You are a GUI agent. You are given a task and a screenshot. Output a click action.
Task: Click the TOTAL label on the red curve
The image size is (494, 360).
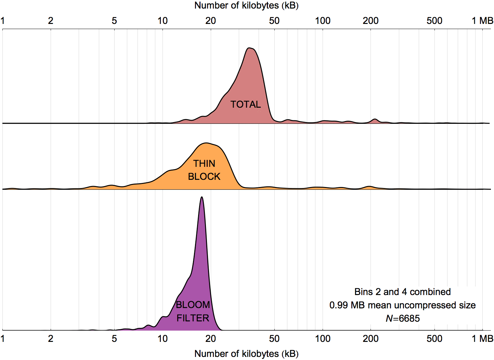[x=245, y=104]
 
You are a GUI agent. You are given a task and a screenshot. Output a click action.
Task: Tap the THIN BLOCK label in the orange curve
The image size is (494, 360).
[x=204, y=170]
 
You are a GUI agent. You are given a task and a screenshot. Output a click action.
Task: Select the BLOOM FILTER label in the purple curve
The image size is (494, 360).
[x=193, y=311]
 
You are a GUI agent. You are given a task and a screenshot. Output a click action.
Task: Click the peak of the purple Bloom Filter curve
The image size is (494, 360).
[x=202, y=197]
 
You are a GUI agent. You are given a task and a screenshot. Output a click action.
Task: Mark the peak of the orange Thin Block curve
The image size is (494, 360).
[x=206, y=143]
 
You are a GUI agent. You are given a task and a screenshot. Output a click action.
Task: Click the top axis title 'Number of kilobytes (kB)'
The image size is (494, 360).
[x=246, y=5]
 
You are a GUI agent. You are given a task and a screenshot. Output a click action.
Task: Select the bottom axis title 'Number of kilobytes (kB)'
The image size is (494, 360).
[x=246, y=354]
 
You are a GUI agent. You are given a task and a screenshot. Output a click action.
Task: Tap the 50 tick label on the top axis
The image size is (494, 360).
[x=274, y=21]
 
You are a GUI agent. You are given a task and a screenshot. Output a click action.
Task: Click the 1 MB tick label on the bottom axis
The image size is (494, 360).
[x=482, y=339]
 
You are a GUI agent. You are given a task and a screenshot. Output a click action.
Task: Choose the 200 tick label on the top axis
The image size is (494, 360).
[x=370, y=21]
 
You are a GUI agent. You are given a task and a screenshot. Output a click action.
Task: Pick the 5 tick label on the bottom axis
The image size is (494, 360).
[x=114, y=339]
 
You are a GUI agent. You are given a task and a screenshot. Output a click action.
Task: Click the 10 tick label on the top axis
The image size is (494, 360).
[x=162, y=21]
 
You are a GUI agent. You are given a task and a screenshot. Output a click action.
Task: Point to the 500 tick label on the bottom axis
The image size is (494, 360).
[x=434, y=339]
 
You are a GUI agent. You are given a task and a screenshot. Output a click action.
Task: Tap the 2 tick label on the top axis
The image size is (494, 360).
[x=51, y=21]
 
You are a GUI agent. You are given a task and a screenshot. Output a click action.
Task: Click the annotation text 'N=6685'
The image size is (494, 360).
[x=403, y=319]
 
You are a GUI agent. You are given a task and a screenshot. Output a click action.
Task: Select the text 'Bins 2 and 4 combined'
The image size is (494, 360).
[x=403, y=292]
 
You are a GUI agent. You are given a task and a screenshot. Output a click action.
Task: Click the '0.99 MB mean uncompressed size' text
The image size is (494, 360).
[x=403, y=305]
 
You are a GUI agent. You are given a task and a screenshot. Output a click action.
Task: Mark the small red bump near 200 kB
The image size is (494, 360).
[x=375, y=119]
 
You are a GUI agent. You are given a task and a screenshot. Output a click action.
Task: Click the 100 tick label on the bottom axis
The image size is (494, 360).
[x=323, y=339]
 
